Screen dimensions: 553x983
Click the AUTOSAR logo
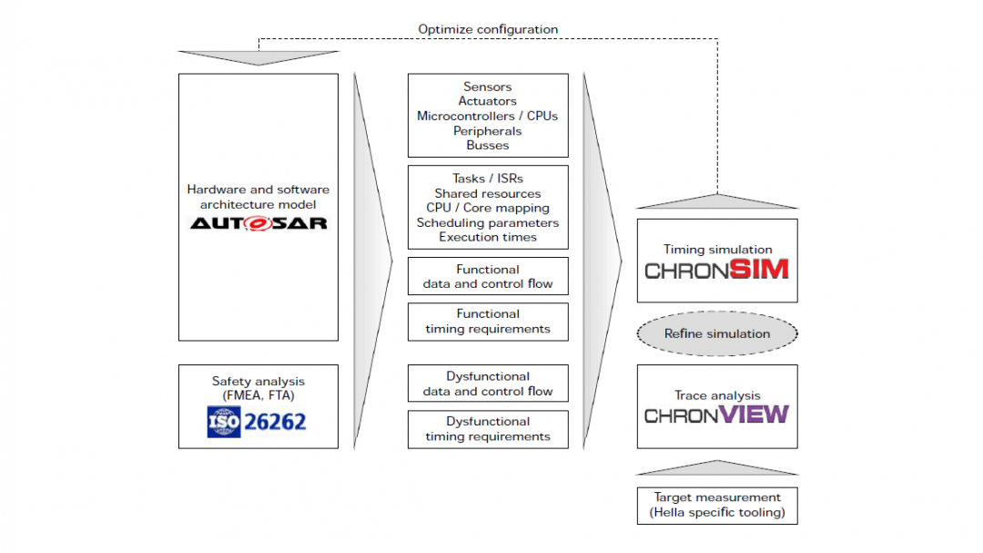[258, 222]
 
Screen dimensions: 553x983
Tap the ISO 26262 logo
[258, 422]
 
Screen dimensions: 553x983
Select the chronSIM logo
[716, 270]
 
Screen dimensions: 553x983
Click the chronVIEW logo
[716, 415]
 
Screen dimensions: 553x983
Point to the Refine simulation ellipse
[716, 333]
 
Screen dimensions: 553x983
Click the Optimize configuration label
[488, 29]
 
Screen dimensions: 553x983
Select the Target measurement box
[716, 506]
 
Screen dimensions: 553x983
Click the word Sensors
[488, 87]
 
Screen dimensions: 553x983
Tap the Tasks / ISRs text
[488, 179]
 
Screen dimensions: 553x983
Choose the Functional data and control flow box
[488, 276]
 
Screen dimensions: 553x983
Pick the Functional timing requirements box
[488, 322]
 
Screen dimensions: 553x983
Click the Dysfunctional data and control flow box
[488, 384]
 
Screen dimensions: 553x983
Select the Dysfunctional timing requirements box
[488, 429]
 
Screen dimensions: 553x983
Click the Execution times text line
[488, 237]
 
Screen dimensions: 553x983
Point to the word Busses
[488, 145]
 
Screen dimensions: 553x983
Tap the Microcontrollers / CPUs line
[488, 116]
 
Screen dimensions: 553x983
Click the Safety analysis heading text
[258, 381]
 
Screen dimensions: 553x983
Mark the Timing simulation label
[717, 249]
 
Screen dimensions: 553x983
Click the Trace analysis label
[717, 395]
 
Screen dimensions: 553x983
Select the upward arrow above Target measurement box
[716, 468]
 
